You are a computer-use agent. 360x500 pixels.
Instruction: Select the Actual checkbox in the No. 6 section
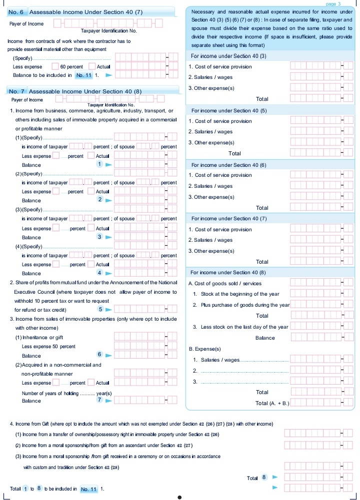(92, 66)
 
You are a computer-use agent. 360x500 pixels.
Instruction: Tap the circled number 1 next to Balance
(99, 164)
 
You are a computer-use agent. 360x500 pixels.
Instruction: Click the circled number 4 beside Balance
(99, 273)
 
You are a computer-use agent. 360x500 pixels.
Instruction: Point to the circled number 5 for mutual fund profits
(100, 309)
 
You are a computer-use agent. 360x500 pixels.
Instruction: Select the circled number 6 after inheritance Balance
(99, 354)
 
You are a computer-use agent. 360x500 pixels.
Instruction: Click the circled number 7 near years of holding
(99, 400)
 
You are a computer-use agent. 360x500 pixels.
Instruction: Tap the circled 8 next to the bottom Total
(264, 477)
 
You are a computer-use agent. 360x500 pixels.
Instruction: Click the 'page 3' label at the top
(332, 3)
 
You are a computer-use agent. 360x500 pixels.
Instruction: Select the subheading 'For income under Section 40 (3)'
(229, 56)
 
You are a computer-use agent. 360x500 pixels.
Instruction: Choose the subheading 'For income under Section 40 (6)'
(229, 165)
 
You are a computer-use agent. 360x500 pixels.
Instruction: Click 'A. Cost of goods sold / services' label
(224, 284)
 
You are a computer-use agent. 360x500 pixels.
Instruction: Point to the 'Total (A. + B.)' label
(272, 403)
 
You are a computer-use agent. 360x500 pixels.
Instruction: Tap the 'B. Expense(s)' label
(204, 349)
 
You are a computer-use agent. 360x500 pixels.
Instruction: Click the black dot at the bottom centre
(180, 497)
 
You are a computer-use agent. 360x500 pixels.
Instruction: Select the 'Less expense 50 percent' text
(48, 346)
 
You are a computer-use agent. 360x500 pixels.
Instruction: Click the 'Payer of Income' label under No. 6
(26, 23)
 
